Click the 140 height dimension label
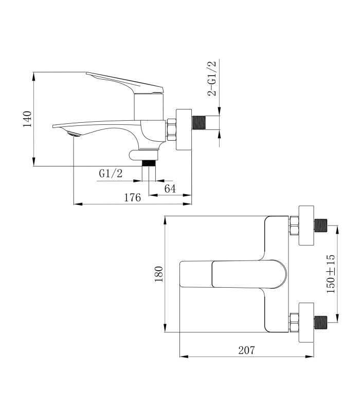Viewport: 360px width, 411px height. coord(28,119)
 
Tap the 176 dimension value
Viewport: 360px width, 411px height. coord(132,197)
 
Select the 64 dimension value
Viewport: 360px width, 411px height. coord(170,189)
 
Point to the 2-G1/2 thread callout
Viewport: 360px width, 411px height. coord(212,78)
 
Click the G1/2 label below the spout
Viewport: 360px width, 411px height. coord(111,173)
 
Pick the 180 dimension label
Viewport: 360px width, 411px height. coord(159,274)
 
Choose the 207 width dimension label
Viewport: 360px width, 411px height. coord(246,350)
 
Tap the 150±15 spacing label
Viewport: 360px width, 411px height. coord(331,274)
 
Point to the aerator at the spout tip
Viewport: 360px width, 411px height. coord(74,135)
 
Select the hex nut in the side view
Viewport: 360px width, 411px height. coord(171,130)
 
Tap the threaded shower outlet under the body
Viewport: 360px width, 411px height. coord(149,163)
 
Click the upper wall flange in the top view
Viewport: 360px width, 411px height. coord(307,226)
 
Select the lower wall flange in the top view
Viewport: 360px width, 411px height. coord(307,323)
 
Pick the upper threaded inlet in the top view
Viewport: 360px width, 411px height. coord(320,226)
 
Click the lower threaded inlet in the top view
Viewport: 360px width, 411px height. coord(320,323)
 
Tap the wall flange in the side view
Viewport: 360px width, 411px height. coord(184,129)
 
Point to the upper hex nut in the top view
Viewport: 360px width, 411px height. coord(294,226)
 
